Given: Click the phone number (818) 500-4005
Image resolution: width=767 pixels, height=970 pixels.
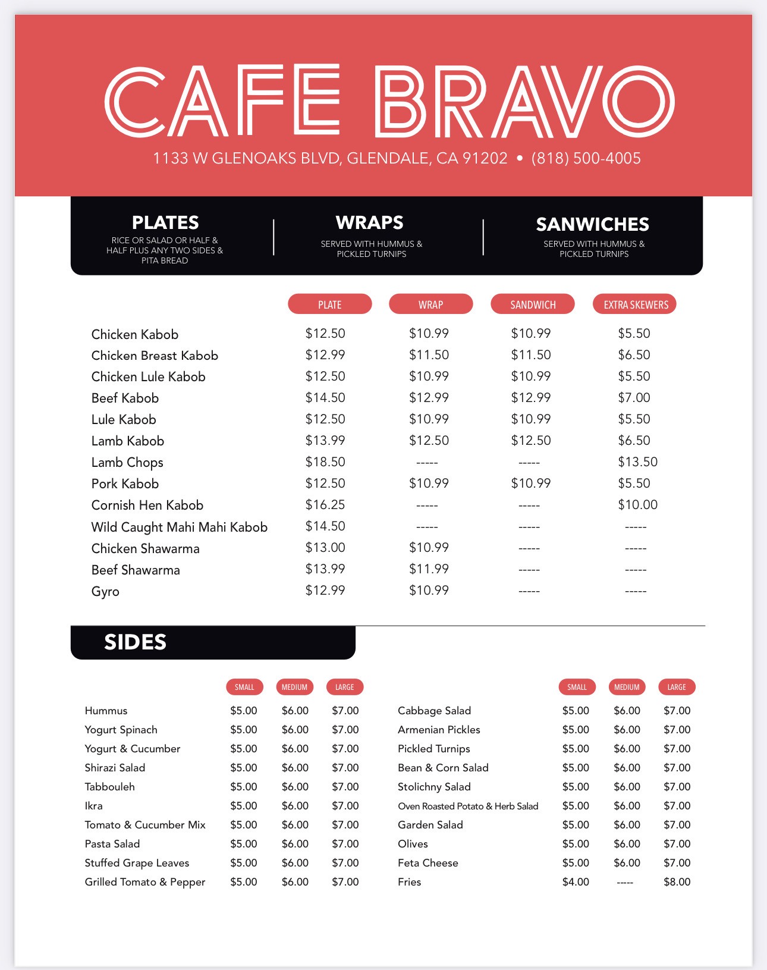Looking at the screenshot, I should [x=586, y=158].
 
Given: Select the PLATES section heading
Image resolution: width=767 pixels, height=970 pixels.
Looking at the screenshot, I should [x=165, y=222].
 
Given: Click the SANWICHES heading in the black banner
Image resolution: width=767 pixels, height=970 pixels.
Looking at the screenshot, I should [x=592, y=224].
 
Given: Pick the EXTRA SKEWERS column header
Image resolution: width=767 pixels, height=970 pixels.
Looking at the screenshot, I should [x=636, y=305].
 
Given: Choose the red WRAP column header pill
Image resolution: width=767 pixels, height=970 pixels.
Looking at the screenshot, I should [x=430, y=305].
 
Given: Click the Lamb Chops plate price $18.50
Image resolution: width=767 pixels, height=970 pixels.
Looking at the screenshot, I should [x=325, y=462].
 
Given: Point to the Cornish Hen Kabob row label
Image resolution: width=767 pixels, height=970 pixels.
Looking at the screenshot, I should [x=147, y=506].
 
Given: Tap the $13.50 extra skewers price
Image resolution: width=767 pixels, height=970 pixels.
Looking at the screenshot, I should [x=637, y=462].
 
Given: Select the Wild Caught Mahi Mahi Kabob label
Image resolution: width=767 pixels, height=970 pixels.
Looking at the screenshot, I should [x=179, y=527].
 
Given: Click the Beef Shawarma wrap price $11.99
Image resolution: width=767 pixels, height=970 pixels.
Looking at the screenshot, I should [x=429, y=569].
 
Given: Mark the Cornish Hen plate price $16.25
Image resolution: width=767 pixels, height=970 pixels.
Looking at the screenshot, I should [x=325, y=505].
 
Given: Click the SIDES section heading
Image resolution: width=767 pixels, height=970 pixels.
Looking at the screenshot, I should [x=136, y=642].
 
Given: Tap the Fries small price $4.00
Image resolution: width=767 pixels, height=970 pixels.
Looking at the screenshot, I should [x=576, y=882].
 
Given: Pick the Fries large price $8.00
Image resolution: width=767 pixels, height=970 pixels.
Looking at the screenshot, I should [x=677, y=882].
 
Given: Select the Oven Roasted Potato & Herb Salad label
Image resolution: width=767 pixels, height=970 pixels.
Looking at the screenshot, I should [x=468, y=806].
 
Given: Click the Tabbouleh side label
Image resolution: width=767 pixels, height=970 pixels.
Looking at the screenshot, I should [x=110, y=787].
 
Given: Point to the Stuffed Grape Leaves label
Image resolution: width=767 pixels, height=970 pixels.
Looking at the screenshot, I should [x=137, y=863].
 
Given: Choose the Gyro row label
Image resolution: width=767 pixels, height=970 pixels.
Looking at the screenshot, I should [x=105, y=592].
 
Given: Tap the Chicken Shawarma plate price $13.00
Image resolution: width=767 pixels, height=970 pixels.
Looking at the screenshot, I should [x=325, y=548].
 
